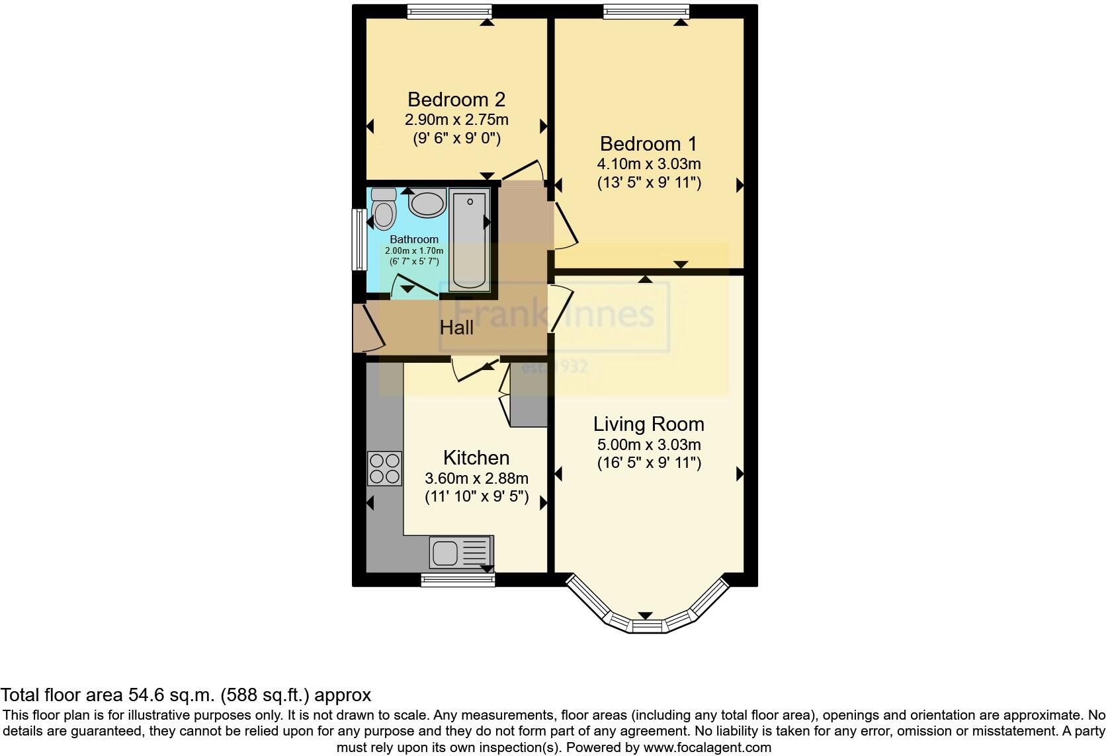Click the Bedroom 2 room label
456,100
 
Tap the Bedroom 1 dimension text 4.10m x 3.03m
648,163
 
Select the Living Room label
648,424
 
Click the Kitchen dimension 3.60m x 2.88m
476,478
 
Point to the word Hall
456,327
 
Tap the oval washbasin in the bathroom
427,204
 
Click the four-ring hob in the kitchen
384,468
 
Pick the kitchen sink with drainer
461,552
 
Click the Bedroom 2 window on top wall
449,11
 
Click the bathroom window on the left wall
359,239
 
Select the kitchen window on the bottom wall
458,580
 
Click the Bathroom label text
414,239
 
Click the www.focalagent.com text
707,747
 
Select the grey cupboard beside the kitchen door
529,395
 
